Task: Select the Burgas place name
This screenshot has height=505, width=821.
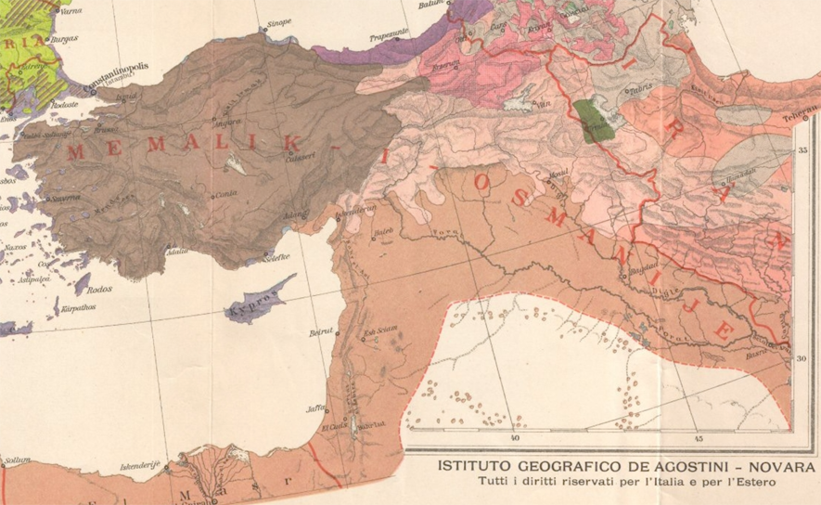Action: click(x=65, y=39)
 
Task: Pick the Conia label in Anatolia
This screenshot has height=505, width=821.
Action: click(x=224, y=194)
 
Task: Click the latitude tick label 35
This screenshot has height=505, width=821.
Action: click(x=804, y=149)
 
